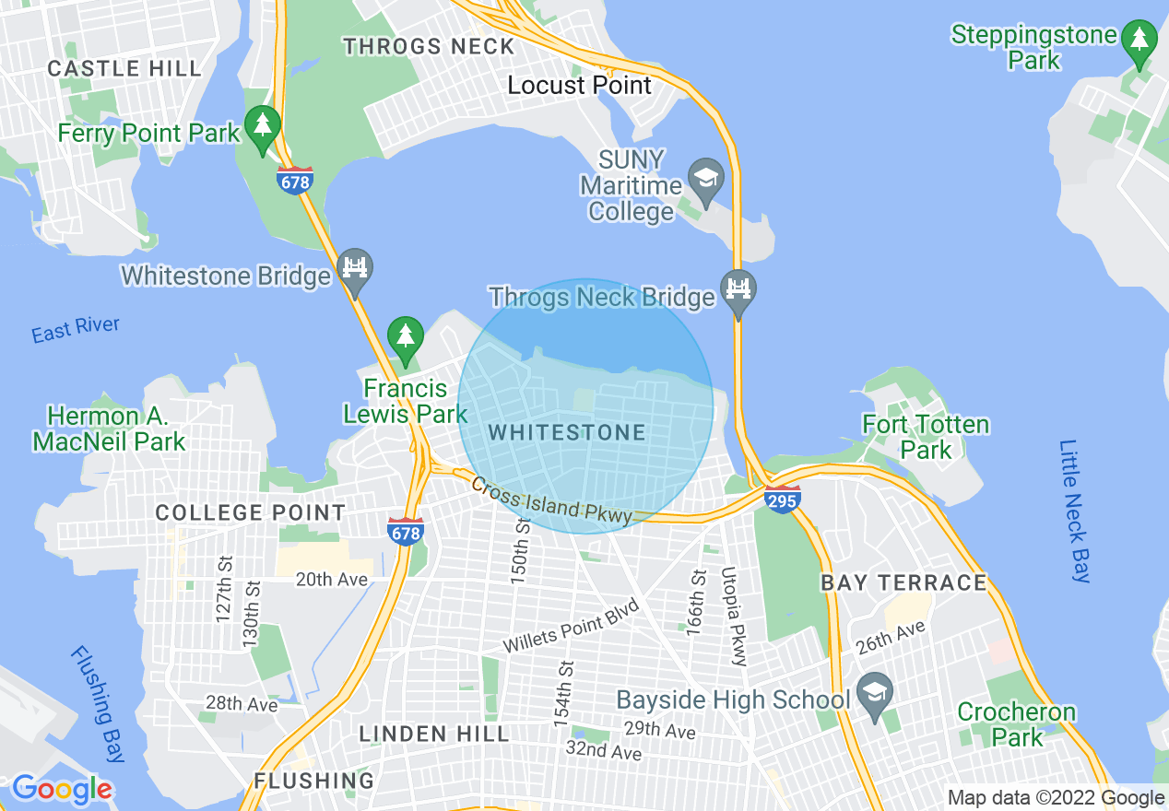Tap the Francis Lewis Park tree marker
tap(405, 338)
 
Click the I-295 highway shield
tap(782, 499)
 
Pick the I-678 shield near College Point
tap(406, 530)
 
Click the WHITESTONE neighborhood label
tap(567, 432)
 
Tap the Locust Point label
tap(580, 86)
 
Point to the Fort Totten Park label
tap(926, 437)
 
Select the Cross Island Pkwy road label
tap(551, 499)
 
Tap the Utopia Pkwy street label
tap(734, 616)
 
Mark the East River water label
tap(76, 329)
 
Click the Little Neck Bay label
tap(1075, 511)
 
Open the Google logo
tap(62, 789)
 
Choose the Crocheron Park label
tap(1017, 724)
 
